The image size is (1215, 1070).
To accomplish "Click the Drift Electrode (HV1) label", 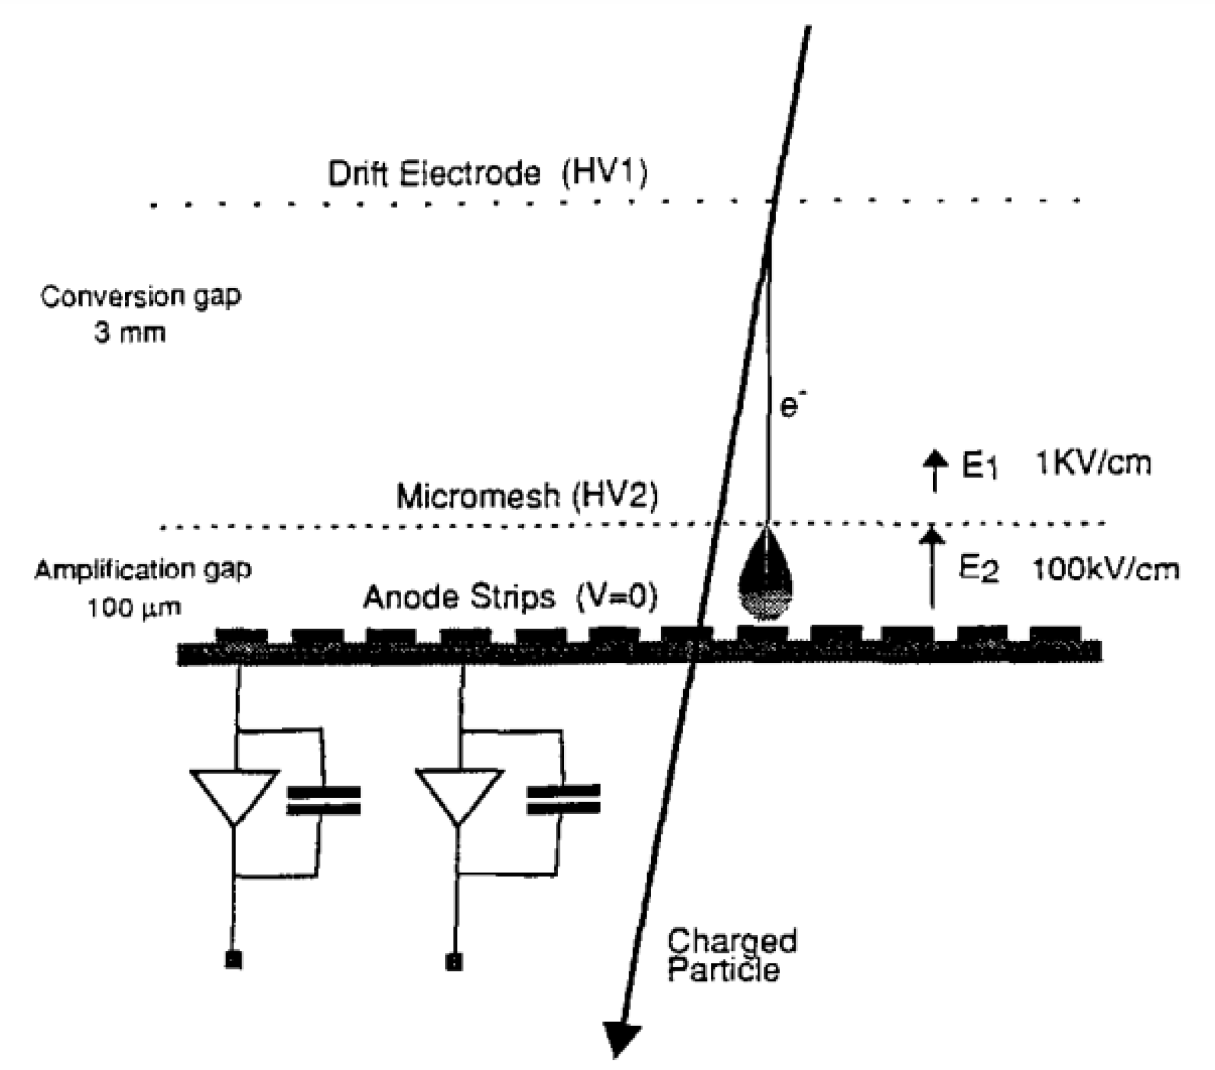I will pyautogui.click(x=487, y=174).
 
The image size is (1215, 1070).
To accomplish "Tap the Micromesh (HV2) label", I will pyautogui.click(x=527, y=496).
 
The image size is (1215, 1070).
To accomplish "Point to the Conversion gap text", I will pyautogui.click(x=140, y=296).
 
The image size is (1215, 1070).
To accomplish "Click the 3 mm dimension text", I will pyautogui.click(x=129, y=332).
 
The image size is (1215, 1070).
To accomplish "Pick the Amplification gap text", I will pyautogui.click(x=143, y=570).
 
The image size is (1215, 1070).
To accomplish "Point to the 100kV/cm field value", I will pyautogui.click(x=1106, y=569).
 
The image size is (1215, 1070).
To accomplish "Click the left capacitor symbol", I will pyautogui.click(x=323, y=800).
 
